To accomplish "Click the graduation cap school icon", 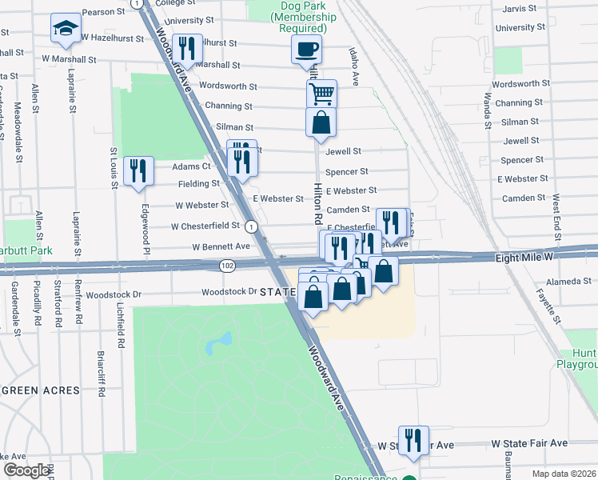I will click(65, 30).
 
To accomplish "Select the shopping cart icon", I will click(321, 94).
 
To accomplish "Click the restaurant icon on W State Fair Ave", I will click(413, 440).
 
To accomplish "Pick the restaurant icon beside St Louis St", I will click(138, 170).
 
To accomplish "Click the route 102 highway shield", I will click(228, 266).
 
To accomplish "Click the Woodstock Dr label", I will click(228, 293).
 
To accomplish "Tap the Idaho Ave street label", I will click(353, 66).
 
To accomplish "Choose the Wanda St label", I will click(486, 110).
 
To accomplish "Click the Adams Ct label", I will click(191, 166).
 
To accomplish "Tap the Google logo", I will click(26, 470).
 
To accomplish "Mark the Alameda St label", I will click(568, 282).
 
